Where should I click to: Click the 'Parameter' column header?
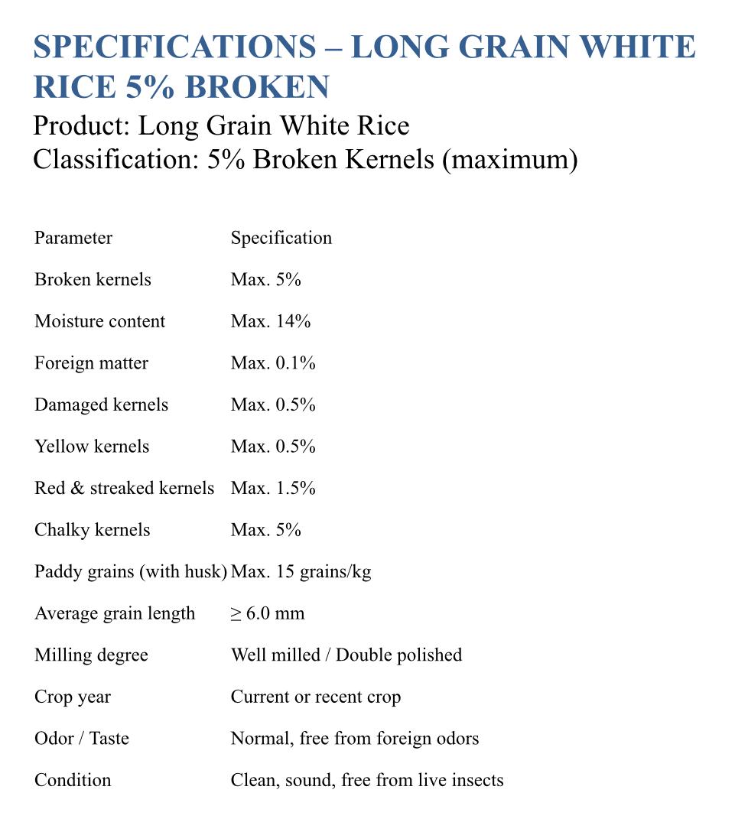click(73, 238)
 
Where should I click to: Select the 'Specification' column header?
click(281, 238)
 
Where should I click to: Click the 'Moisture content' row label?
click(99, 321)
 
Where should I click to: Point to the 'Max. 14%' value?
click(271, 321)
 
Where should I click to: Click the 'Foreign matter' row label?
click(91, 363)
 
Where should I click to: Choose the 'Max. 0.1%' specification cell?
click(273, 363)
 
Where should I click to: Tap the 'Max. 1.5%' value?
click(273, 488)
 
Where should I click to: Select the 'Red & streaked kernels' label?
click(124, 488)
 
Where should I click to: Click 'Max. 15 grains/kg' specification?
click(301, 571)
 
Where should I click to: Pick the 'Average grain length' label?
click(115, 613)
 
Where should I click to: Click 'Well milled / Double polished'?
click(346, 655)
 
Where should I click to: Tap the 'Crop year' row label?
click(73, 697)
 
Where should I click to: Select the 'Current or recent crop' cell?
click(316, 697)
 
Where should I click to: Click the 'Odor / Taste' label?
click(82, 739)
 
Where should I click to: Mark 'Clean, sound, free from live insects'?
click(367, 780)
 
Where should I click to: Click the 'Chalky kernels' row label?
click(93, 530)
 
